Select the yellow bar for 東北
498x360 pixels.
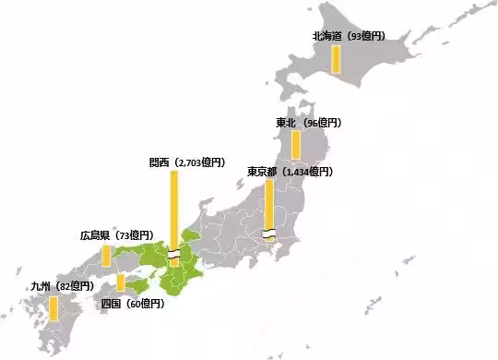click(x=296, y=145)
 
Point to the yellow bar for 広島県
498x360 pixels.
click(x=106, y=254)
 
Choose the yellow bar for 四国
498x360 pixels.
click(x=121, y=282)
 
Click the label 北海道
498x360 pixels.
click(x=327, y=36)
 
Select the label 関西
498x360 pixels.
click(x=159, y=162)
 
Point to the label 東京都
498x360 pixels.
click(x=262, y=172)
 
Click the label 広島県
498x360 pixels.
click(x=96, y=235)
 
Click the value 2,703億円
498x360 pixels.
click(x=199, y=162)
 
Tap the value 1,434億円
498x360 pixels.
click(x=307, y=172)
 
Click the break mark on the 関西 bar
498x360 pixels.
click(x=172, y=255)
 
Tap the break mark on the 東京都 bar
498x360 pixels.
click(x=267, y=233)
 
